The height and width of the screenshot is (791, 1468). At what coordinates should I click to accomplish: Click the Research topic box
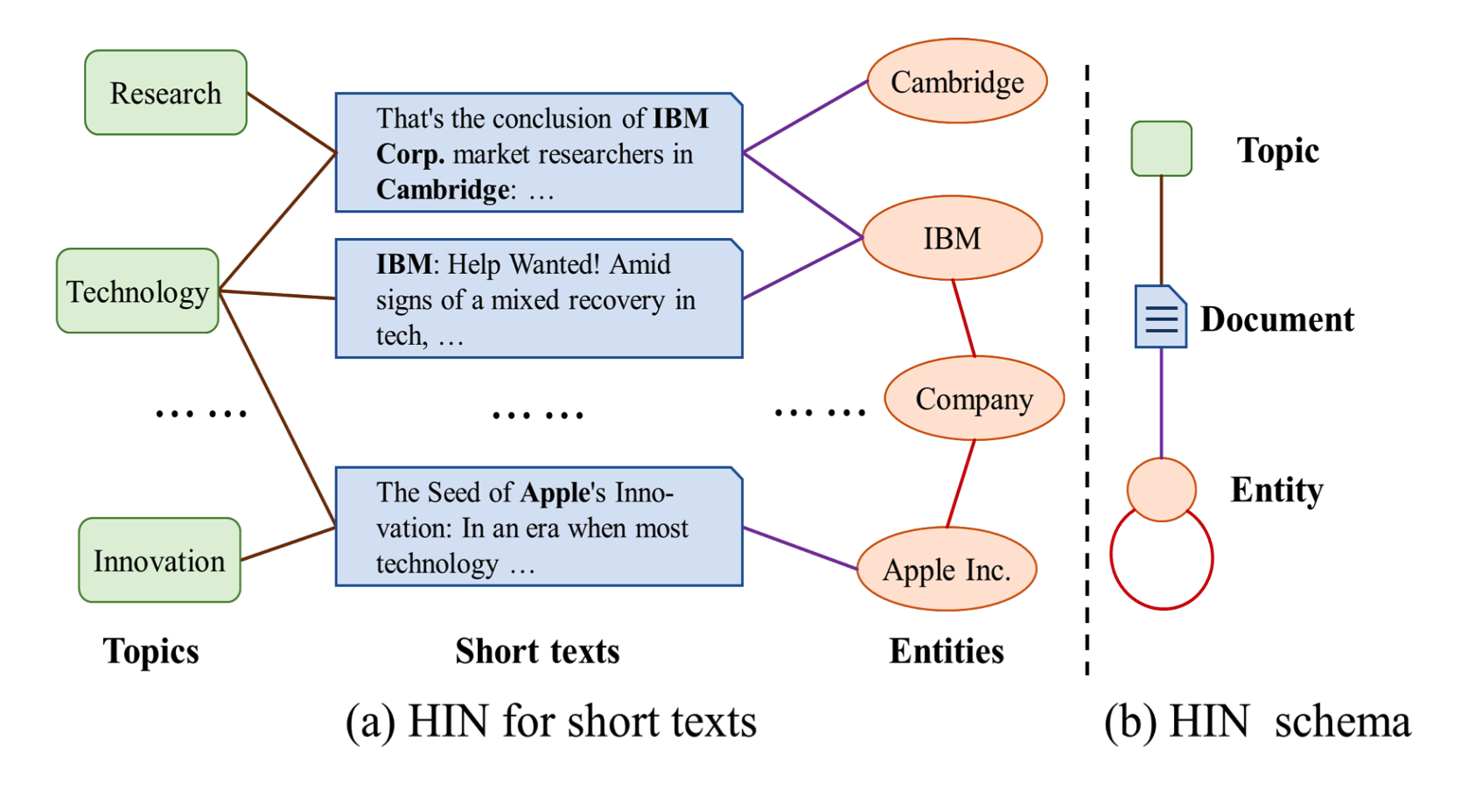pos(165,93)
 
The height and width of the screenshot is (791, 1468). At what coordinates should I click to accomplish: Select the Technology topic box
pos(137,291)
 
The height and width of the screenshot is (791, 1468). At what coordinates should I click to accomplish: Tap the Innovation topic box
pos(159,560)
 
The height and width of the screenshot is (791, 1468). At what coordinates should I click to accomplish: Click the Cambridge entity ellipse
pos(957,81)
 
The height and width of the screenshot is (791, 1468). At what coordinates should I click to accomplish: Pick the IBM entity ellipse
pos(952,238)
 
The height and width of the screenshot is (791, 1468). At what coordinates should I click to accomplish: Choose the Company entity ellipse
pos(974,398)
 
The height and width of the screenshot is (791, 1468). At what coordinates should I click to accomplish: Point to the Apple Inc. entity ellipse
pos(947,570)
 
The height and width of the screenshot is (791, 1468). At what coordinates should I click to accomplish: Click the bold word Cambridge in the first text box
pos(443,190)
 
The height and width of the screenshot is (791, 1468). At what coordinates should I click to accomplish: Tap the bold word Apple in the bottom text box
pos(556,493)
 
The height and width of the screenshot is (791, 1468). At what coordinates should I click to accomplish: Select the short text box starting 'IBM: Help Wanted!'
pos(539,298)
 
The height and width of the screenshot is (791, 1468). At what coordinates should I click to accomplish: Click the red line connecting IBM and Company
pos(964,318)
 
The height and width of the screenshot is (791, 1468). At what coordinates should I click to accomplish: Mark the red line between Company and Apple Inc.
pos(961,484)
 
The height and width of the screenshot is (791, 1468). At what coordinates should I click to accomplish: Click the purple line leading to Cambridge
pos(805,116)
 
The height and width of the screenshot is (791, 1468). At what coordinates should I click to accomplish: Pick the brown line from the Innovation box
pos(288,543)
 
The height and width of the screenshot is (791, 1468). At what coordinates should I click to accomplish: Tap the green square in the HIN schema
pos(1161,149)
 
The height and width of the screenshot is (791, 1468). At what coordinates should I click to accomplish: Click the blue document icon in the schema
pos(1160,317)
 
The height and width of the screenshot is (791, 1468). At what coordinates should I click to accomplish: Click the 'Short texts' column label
pos(537,651)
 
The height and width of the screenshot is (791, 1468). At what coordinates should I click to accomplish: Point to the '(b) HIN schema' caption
pos(1257,723)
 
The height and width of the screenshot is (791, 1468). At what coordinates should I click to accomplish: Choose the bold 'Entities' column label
pos(947,651)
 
